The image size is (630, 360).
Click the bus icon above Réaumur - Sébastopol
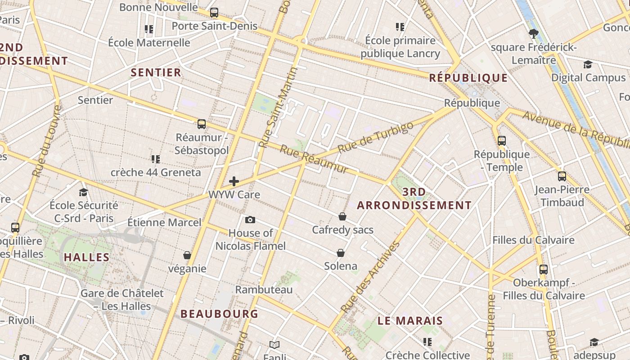coord(202,124)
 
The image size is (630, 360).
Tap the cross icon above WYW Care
coord(234,181)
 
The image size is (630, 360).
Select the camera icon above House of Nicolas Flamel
coord(250,220)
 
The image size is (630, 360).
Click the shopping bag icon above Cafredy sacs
coord(342,216)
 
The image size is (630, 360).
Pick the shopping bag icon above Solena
coord(341,252)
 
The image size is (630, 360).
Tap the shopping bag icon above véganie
coord(187,255)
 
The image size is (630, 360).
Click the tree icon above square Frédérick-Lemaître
coord(534,33)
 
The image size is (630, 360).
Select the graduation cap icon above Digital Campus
coord(588,64)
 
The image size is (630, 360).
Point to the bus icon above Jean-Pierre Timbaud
coord(562,176)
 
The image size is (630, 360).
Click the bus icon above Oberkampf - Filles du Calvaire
coord(544,270)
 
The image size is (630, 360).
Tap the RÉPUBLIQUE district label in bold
coord(468,78)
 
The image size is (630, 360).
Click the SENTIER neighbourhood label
coord(156,72)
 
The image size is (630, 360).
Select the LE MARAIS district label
coord(410,321)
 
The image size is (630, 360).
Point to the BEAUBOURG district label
coord(219,314)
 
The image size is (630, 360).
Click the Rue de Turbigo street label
coord(375,137)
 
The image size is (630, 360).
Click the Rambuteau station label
coord(264,289)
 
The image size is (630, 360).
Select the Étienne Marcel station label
coord(164,222)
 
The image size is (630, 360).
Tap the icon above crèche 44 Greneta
coord(156,159)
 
